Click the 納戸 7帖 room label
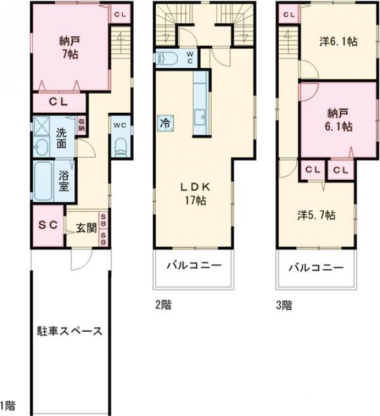(66, 47)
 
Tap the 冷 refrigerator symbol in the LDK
(164, 122)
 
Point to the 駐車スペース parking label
(70, 331)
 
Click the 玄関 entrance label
(85, 227)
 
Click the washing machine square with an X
(42, 128)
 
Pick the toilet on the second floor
(169, 58)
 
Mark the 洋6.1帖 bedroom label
(338, 42)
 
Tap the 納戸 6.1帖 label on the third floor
(338, 120)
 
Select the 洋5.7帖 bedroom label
(317, 214)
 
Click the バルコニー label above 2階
(194, 265)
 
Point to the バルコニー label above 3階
(315, 267)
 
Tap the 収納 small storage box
(81, 124)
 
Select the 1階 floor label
(8, 405)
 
